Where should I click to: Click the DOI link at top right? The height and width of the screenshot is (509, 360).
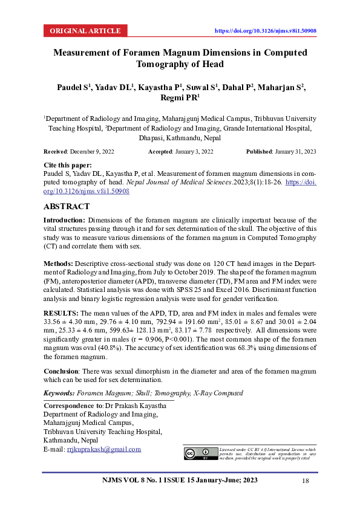pos(266,30)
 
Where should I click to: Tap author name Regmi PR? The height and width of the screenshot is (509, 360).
pos(180,98)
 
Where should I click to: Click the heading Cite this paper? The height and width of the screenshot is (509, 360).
pos(68,165)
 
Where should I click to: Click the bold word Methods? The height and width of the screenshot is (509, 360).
pos(57,264)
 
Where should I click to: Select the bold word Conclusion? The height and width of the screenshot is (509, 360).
pos(64,371)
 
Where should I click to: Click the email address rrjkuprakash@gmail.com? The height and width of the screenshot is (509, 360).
pos(103,449)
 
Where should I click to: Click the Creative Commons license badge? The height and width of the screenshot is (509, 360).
pos(200,453)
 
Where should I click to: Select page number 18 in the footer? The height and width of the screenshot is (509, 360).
pos(306,481)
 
